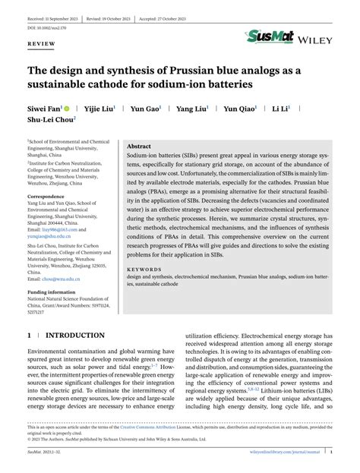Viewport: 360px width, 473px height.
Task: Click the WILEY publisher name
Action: point(316,37)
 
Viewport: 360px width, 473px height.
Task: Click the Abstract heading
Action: point(138,146)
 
